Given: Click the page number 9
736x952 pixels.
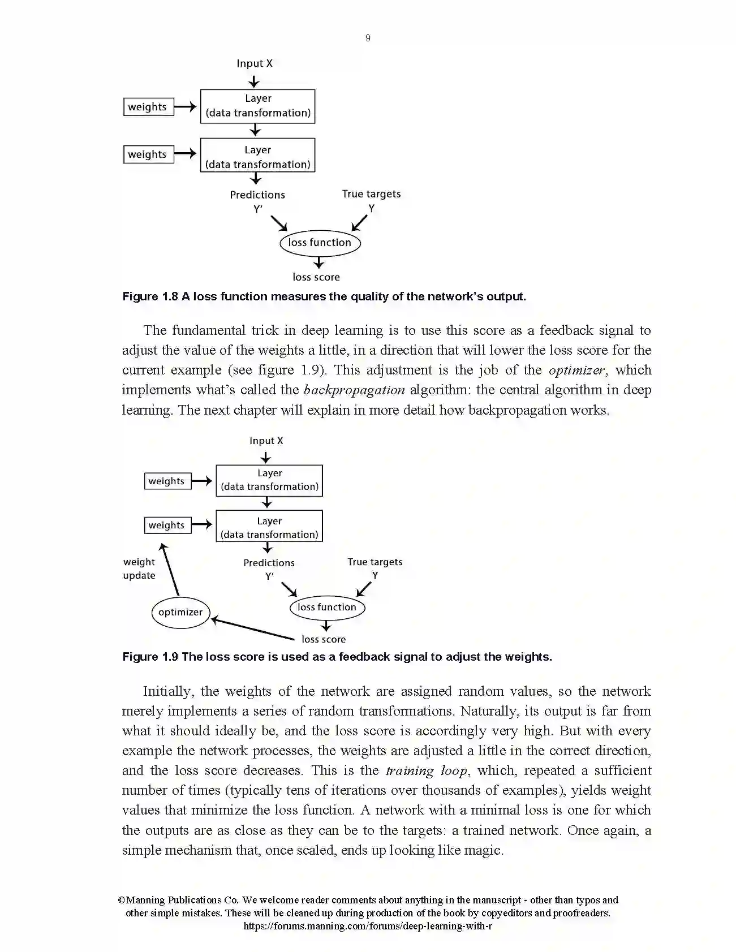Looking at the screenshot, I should [x=368, y=38].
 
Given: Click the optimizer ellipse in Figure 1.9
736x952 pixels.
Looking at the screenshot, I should [x=180, y=612].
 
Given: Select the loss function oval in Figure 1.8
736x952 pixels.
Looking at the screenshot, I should [x=320, y=243].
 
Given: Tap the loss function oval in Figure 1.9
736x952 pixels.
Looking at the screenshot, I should [x=327, y=608].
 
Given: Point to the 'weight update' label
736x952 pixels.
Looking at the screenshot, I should [x=139, y=568].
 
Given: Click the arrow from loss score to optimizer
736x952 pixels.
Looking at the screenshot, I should [x=253, y=630].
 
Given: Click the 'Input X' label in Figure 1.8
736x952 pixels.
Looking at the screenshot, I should [x=255, y=63].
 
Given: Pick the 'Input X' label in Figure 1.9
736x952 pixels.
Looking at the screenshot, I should [x=266, y=441].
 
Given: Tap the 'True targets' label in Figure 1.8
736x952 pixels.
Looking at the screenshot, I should [x=371, y=194].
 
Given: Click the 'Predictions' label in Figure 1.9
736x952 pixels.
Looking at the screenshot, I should [x=269, y=563].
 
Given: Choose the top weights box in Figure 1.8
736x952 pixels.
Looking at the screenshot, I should [x=148, y=107].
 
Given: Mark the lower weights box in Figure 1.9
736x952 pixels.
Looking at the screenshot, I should [x=167, y=525].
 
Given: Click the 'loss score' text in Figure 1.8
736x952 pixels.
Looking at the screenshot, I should [x=316, y=277].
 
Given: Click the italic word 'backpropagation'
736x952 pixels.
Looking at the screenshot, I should [x=354, y=390].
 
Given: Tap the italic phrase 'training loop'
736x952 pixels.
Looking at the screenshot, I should [x=427, y=770].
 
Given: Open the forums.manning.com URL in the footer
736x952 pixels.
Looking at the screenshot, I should [x=368, y=926].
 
